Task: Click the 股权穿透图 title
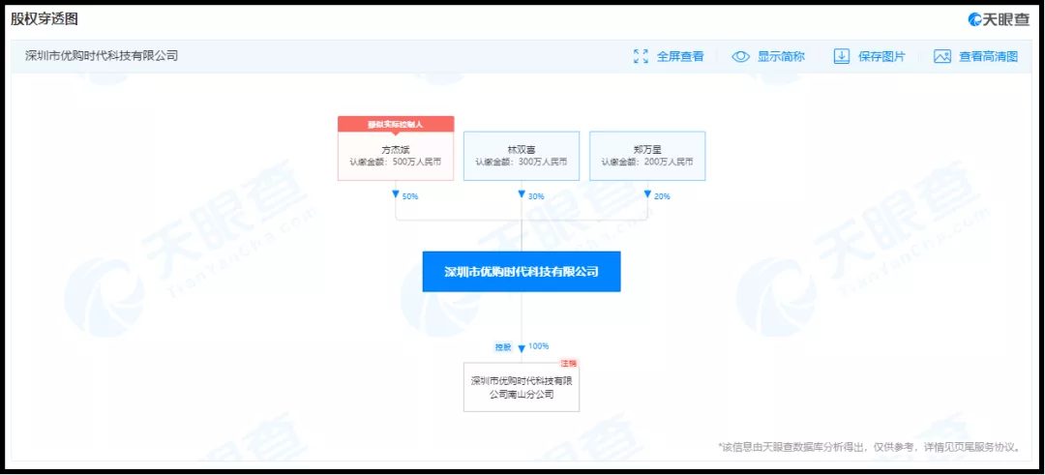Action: pyautogui.click(x=45, y=19)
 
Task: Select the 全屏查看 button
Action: pyautogui.click(x=669, y=56)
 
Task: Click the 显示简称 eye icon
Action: pyautogui.click(x=741, y=56)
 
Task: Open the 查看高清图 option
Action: pyautogui.click(x=976, y=56)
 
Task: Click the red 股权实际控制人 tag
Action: pyautogui.click(x=396, y=124)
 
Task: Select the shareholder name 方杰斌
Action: pyautogui.click(x=396, y=150)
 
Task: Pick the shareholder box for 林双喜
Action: pyautogui.click(x=522, y=156)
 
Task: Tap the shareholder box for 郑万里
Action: pyautogui.click(x=647, y=156)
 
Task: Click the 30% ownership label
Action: pyautogui.click(x=536, y=196)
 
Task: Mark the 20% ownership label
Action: pyautogui.click(x=662, y=196)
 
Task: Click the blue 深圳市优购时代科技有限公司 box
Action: pyautogui.click(x=522, y=272)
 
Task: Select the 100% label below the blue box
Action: pyautogui.click(x=539, y=346)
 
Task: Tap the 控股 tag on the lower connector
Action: pyautogui.click(x=503, y=346)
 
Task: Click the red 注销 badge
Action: pyautogui.click(x=569, y=363)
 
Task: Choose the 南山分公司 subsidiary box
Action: pyautogui.click(x=522, y=387)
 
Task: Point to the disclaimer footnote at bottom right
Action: pyautogui.click(x=870, y=447)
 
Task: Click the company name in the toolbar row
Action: pyautogui.click(x=102, y=56)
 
